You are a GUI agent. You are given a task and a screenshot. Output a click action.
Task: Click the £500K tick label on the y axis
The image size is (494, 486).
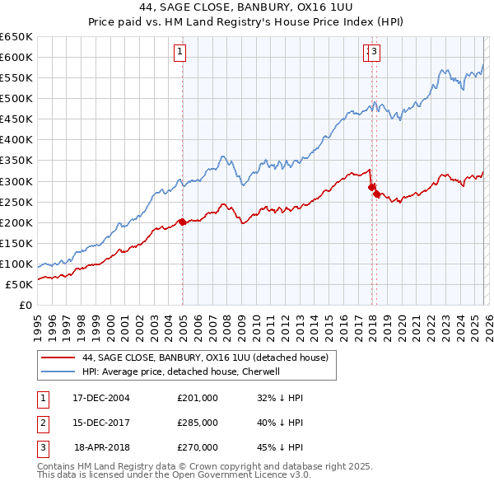coord(16,98)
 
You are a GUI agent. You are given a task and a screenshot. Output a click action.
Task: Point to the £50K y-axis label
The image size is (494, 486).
coord(18,284)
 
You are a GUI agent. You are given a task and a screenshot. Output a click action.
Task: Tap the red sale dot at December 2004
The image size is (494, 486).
coord(182,222)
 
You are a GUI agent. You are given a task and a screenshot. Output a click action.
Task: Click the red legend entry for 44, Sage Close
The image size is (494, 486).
coord(205,357)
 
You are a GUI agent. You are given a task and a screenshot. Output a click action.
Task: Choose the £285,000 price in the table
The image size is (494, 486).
coord(198,423)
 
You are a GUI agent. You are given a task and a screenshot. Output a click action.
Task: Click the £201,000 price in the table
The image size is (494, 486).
coord(198,397)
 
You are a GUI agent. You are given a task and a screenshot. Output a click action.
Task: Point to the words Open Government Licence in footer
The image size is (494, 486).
coord(247,475)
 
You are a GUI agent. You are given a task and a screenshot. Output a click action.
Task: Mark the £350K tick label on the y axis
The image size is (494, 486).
coord(16,160)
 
